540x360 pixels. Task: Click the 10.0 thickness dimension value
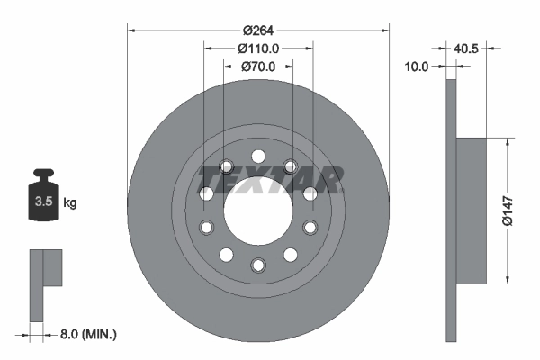click(416, 66)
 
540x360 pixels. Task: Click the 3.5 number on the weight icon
click(42, 202)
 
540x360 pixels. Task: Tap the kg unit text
click(70, 202)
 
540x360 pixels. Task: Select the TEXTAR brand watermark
click(269, 179)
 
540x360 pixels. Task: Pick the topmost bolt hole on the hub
click(258, 154)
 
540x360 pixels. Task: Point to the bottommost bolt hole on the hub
click(258, 264)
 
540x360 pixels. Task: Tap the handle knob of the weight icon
click(42, 174)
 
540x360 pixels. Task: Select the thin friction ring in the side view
click(452, 209)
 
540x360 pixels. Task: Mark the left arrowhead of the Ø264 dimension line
click(130, 31)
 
